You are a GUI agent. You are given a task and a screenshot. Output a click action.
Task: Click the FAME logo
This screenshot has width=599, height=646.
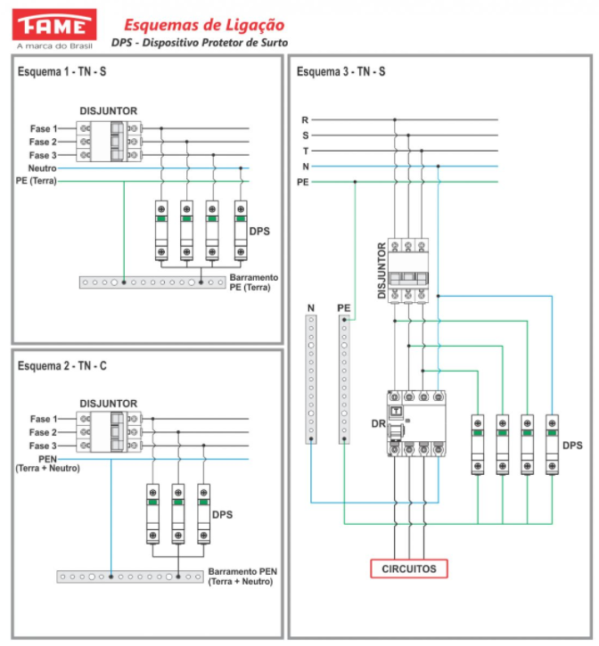click(x=54, y=29)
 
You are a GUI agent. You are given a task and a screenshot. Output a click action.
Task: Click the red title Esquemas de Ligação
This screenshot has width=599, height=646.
click(x=204, y=25)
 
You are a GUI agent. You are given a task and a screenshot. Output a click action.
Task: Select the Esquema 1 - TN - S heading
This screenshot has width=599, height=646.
click(x=62, y=71)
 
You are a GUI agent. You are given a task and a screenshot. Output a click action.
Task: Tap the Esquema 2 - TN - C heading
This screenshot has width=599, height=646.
click(x=62, y=366)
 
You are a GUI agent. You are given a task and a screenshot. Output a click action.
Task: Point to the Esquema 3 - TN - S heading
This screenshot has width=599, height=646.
click(x=341, y=71)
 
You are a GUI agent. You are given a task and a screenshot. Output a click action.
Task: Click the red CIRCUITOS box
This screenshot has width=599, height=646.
click(x=409, y=568)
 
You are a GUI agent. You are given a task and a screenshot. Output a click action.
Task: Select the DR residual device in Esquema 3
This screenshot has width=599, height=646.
click(x=416, y=423)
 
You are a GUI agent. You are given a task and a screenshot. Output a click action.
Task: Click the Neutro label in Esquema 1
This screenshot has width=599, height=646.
click(x=42, y=168)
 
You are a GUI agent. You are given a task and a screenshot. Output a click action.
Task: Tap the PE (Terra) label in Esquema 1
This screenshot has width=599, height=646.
click(x=36, y=181)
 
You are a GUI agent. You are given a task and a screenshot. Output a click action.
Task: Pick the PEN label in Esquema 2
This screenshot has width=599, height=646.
click(x=47, y=459)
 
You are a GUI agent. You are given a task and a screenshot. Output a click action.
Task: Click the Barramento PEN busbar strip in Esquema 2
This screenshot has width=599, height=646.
click(x=130, y=576)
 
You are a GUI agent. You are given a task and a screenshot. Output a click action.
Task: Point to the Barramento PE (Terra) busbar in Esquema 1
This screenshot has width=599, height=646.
click(x=152, y=282)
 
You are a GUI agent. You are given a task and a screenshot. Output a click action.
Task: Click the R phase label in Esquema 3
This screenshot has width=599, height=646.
click(x=305, y=120)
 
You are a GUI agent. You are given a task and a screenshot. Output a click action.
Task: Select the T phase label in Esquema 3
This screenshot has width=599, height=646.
click(x=306, y=151)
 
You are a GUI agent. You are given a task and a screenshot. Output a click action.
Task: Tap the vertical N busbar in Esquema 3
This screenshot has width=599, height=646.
click(x=311, y=380)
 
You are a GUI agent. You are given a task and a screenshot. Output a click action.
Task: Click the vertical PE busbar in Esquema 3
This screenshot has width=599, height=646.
click(x=344, y=380)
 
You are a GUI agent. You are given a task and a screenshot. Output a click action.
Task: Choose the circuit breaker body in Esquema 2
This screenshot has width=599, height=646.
click(x=109, y=432)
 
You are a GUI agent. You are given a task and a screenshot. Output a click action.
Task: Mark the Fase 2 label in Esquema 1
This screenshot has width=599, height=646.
click(x=43, y=143)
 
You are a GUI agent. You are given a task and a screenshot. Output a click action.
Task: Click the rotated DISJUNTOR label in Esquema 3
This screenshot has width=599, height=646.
click(x=382, y=270)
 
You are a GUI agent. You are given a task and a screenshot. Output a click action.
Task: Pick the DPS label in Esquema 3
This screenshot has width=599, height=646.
click(x=572, y=446)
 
